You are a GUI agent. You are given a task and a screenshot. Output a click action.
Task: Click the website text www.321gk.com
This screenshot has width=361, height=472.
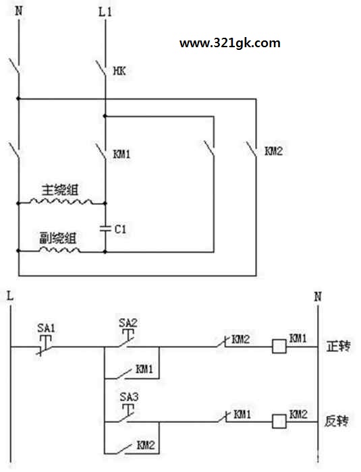tap(230, 43)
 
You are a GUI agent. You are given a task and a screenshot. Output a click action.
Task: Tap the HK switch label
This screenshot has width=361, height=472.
tap(119, 71)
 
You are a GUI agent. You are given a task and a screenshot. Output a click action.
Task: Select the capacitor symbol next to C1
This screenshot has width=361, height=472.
tap(105, 228)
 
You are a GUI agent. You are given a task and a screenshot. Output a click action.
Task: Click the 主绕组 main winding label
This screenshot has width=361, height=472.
tap(60, 190)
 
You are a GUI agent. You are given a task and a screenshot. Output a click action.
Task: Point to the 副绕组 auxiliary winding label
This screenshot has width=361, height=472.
tap(58, 238)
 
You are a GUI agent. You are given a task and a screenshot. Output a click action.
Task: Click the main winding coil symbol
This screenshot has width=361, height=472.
tap(61, 201)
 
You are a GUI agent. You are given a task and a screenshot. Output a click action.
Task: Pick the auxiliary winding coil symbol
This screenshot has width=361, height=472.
tap(60, 249)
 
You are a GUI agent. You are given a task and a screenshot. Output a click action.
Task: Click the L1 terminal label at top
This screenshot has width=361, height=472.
tap(105, 12)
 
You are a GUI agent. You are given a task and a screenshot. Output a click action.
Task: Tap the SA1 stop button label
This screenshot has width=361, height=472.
tap(46, 328)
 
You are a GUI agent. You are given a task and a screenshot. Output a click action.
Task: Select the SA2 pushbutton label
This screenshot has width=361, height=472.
tap(128, 323)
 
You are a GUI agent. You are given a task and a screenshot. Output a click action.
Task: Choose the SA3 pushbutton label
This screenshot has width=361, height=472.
tap(130, 397)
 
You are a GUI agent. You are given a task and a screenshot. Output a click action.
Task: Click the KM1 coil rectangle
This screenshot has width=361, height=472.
tap(279, 347)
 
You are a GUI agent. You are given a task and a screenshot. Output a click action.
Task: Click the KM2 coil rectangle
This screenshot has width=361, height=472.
tap(279, 421)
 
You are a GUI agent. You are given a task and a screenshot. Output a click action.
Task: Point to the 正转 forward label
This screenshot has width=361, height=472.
tap(339, 347)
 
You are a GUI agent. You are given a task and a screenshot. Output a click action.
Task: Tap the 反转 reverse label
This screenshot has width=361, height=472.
tap(337, 421)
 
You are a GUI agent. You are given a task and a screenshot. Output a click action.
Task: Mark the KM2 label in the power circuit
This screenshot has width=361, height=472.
tap(273, 151)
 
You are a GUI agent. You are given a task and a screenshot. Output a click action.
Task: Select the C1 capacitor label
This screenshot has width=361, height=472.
tap(120, 229)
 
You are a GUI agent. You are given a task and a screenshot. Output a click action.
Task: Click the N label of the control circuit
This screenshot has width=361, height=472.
tap(318, 297)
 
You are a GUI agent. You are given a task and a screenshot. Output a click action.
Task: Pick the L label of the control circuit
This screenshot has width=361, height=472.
tap(10, 296)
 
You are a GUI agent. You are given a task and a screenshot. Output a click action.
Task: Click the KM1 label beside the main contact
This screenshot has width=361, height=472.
tap(121, 154)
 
